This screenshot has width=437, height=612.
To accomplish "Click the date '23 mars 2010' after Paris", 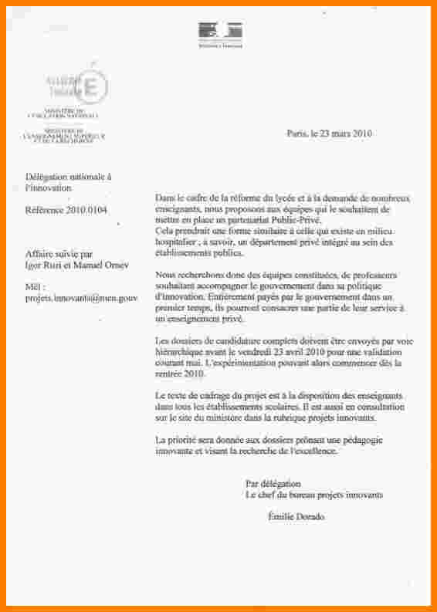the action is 344,133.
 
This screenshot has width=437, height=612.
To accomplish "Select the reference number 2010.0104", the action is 88,209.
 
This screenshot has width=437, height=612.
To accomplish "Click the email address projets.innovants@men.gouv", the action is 80,296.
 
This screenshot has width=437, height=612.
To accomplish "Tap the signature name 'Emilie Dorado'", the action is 296,516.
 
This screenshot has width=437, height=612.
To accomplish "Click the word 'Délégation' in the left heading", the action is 47,177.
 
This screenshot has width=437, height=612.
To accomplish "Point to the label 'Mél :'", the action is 36,286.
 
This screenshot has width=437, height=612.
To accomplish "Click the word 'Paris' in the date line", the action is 296,133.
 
